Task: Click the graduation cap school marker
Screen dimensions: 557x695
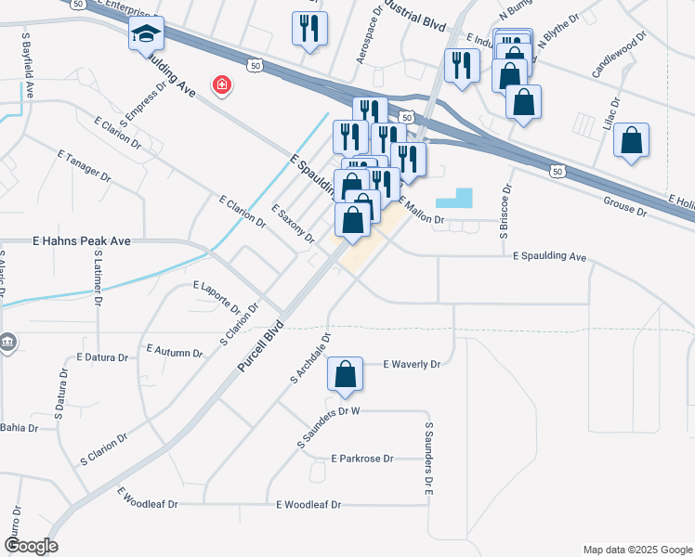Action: [x=146, y=34]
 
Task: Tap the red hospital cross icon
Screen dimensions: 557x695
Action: [x=222, y=86]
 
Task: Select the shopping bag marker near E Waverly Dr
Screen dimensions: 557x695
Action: [x=345, y=375]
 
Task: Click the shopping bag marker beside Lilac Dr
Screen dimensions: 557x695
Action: [x=631, y=141]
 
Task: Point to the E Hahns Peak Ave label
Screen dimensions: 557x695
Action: [x=82, y=241]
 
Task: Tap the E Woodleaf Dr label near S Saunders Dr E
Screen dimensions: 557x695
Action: [x=309, y=504]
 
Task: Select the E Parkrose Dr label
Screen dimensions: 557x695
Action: [x=362, y=459]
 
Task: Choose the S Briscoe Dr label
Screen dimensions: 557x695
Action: [x=506, y=213]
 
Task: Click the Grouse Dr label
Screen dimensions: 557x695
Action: [x=625, y=205]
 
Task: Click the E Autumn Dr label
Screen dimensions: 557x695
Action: [x=174, y=352]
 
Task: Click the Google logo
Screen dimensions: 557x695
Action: [x=31, y=546]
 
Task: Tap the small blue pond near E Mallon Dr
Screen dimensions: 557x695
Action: [x=454, y=198]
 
